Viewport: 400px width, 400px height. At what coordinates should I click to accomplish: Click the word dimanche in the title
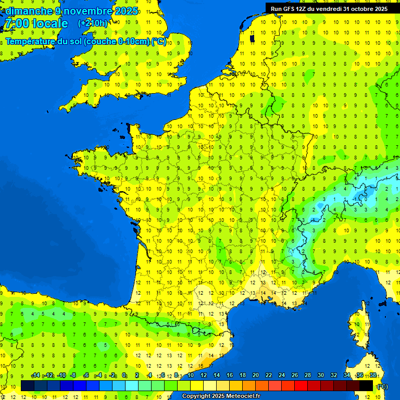click(29, 11)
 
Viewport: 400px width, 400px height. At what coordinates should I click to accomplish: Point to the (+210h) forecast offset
click(93, 23)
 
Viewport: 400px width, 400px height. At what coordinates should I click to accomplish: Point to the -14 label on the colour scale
click(35, 376)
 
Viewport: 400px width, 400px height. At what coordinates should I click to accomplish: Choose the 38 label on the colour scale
click(372, 376)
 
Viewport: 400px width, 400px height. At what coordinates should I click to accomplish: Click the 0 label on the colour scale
click(124, 376)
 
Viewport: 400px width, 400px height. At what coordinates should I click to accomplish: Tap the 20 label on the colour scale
click(255, 376)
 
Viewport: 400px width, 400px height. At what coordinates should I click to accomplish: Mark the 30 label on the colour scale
click(320, 376)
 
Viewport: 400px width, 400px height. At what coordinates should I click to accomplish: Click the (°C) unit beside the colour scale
click(382, 386)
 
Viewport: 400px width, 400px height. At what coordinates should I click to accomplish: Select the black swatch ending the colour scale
click(367, 386)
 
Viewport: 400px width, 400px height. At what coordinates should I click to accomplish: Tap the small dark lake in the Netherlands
click(252, 38)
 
